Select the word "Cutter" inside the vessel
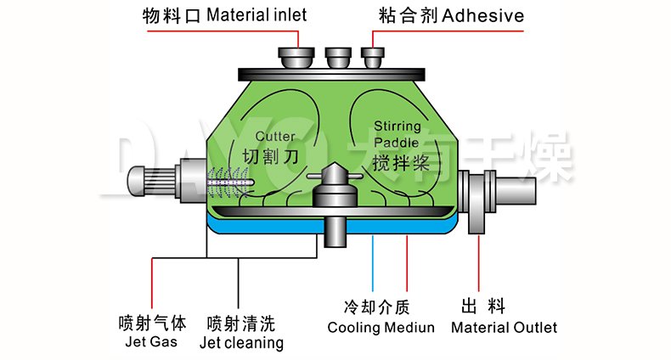pyautogui.click(x=275, y=136)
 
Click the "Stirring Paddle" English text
pyautogui.click(x=397, y=134)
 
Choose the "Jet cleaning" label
pyautogui.click(x=241, y=343)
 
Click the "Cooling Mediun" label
pyautogui.click(x=381, y=328)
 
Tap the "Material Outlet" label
pyautogui.click(x=504, y=328)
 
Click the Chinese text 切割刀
pyautogui.click(x=272, y=158)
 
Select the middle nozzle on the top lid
pyautogui.click(x=337, y=59)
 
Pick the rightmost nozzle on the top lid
pyautogui.click(x=373, y=57)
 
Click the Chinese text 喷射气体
pyautogui.click(x=151, y=323)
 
